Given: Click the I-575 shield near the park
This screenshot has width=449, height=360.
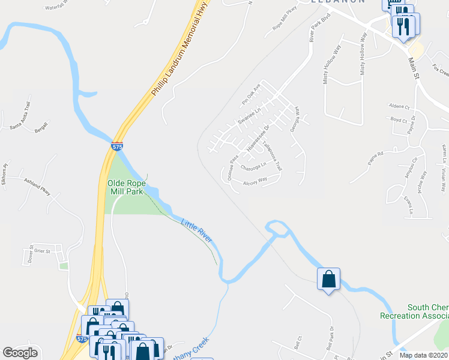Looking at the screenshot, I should coord(117,146).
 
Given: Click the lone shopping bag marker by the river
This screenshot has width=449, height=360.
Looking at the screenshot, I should coord(328,280).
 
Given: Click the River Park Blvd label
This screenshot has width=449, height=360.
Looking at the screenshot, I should coord(312,28).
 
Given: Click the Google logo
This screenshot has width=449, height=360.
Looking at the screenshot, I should coord(20,353).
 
